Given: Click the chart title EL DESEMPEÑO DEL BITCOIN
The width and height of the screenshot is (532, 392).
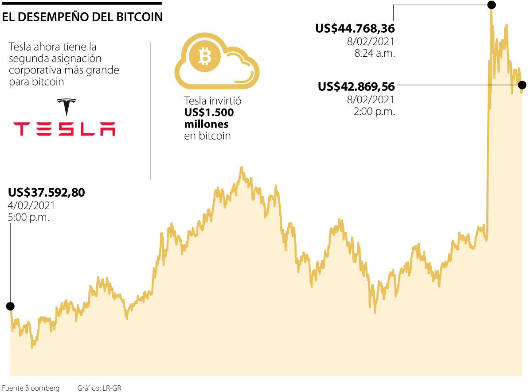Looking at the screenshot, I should click(82, 17).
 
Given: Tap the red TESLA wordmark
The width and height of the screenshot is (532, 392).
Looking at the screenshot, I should click(64, 128).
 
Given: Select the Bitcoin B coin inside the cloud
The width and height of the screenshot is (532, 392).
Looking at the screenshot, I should click(205, 56).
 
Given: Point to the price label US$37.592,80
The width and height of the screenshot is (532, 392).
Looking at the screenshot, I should click(46, 193).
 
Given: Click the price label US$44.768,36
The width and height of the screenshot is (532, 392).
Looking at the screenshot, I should click(355, 29).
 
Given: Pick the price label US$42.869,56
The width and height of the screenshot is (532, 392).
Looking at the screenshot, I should click(356, 86).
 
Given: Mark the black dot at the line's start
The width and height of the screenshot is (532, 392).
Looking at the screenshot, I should click(10, 306).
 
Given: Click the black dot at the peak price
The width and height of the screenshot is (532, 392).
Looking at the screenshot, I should click(491, 5).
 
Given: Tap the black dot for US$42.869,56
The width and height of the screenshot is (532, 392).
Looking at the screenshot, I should click(522, 85).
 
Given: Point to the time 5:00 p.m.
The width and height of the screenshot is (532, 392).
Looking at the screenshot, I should click(29, 217).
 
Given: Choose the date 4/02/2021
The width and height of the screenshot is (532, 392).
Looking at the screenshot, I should click(31, 206).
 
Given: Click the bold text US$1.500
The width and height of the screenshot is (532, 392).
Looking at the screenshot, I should click(209, 113).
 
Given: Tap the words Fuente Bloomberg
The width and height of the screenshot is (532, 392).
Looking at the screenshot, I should click(31, 388).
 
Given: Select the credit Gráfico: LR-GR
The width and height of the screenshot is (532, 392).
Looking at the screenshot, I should click(99, 388).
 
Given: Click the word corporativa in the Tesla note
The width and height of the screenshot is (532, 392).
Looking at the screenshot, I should click(36, 70).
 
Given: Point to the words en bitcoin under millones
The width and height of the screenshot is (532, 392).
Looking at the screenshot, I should click(207, 136).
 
